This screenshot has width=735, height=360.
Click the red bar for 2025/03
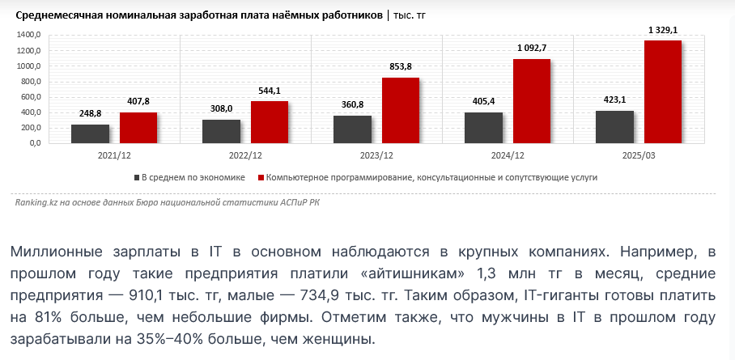coord(662,92)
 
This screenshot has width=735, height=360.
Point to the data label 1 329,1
coord(663,30)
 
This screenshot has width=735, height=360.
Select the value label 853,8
coord(400,66)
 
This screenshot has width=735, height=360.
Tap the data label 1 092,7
coord(532,48)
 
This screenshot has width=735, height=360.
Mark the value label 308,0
coord(221,108)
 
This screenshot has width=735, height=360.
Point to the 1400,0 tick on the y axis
coord(28,36)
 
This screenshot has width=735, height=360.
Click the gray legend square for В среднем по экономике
coord(137,177)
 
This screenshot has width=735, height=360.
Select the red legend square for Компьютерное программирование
coord(261,177)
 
